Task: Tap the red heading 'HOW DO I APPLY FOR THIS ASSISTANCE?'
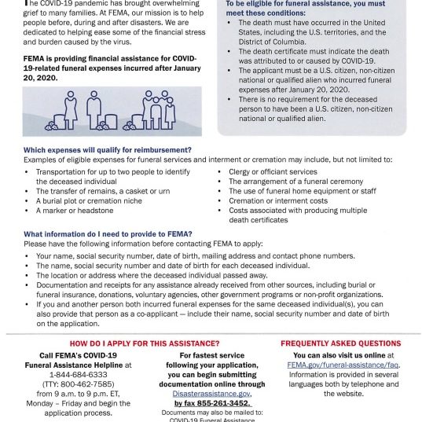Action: click(x=145, y=343)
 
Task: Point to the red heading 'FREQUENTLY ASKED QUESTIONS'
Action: click(x=340, y=343)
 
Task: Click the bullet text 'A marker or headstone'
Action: click(x=75, y=211)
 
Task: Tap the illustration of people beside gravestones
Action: click(x=112, y=111)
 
